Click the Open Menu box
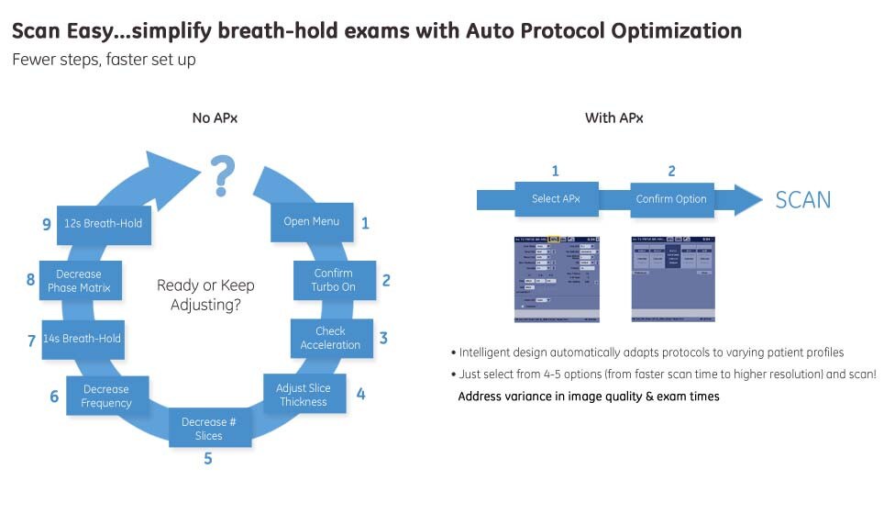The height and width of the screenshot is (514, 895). coord(311,221)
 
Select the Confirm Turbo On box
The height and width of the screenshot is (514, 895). coord(333,280)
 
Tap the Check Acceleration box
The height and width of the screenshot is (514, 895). coord(331,338)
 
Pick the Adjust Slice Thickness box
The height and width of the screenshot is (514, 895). coord(304,395)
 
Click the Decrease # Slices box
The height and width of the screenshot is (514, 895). coord(209,429)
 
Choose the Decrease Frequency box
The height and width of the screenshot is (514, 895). coord(106,397)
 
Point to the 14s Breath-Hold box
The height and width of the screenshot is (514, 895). coord(82,338)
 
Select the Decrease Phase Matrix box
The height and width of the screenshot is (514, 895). coord(79,281)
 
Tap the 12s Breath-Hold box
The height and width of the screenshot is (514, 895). coord(104,223)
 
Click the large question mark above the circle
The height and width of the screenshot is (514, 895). coord(220,175)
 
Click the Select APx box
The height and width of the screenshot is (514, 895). coord(556,198)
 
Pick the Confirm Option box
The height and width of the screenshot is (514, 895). coord(671,198)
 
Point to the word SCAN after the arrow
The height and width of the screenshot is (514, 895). coord(802,199)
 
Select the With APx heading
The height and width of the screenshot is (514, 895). coord(613,117)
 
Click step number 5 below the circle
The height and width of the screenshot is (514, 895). coord(208,458)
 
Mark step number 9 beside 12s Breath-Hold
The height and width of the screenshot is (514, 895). coord(46,223)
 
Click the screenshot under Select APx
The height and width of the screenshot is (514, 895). coord(558,279)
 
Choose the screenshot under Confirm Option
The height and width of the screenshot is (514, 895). coord(673,279)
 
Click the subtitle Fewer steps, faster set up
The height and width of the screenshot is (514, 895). coord(104,60)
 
